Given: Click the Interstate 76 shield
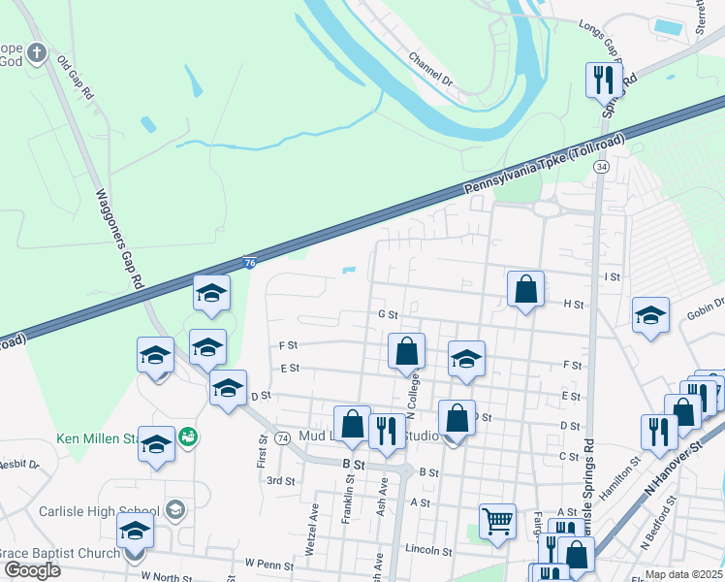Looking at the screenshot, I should pos(249,262).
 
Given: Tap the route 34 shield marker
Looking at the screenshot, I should pos(603,167).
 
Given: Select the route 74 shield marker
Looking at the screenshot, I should pos(281,438).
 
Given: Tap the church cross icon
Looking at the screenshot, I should pos(37,52).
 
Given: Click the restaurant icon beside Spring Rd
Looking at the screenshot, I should pos(603,80).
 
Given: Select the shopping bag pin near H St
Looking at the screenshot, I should pos(525,289).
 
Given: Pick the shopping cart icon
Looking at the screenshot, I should pos(497,520).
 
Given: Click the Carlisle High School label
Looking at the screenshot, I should pos(99,511).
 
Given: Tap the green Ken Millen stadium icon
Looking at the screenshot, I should pos(188,437).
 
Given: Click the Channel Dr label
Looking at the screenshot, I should pos(431,71).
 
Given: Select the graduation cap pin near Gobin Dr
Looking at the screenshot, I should pos(650,315).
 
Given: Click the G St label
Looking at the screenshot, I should pos(388,314).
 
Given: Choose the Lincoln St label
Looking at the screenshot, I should pos(430,550).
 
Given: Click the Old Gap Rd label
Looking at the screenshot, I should pos(75,79).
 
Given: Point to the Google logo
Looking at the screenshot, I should pos(32,569).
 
